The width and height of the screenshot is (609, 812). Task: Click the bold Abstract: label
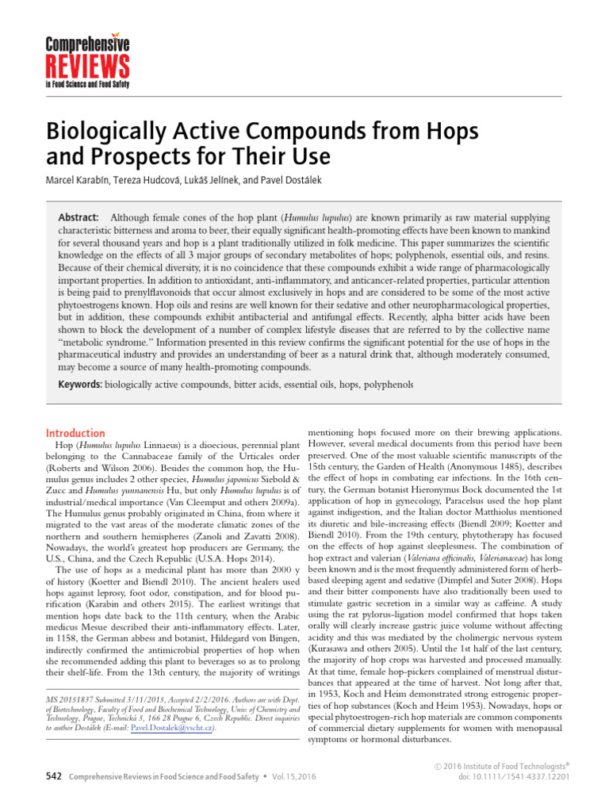click(79, 217)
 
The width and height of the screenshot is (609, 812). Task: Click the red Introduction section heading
click(75, 433)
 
